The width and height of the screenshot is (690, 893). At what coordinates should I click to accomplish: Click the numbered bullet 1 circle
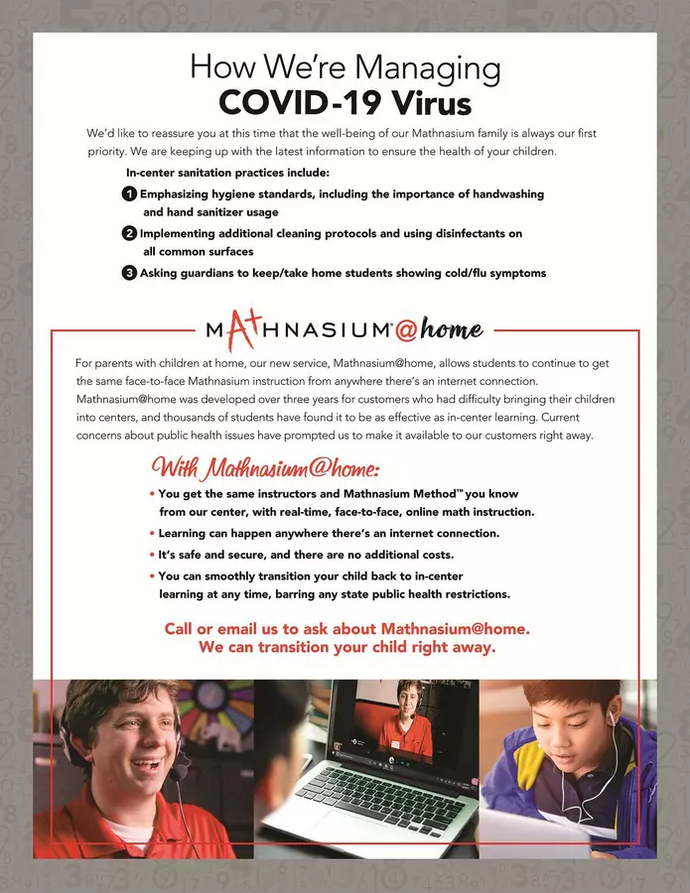[129, 194]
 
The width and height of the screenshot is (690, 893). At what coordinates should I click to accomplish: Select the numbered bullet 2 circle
[129, 234]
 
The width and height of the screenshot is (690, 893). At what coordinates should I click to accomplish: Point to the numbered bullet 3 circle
[129, 273]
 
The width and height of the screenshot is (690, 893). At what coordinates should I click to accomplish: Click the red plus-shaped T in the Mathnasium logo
[244, 326]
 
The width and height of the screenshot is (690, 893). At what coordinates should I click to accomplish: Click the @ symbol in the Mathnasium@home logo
[406, 328]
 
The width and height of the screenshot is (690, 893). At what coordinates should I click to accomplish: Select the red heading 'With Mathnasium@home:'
[265, 467]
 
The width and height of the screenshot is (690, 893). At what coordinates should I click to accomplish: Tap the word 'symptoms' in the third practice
[512, 273]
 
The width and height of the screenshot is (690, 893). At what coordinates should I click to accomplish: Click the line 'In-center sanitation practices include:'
[220, 174]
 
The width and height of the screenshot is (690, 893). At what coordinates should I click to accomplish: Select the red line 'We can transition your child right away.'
[346, 647]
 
